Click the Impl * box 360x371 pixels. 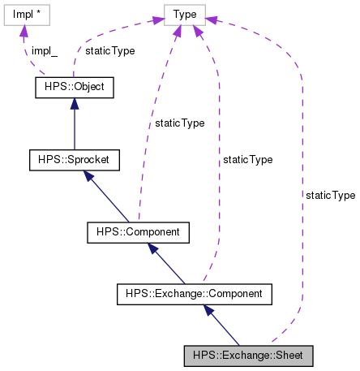point(27,14)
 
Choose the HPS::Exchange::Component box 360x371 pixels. point(194,291)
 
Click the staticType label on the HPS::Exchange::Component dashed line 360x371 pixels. point(247,160)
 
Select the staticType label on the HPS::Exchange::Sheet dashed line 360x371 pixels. point(330,196)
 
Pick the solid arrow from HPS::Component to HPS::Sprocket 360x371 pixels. point(106,196)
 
